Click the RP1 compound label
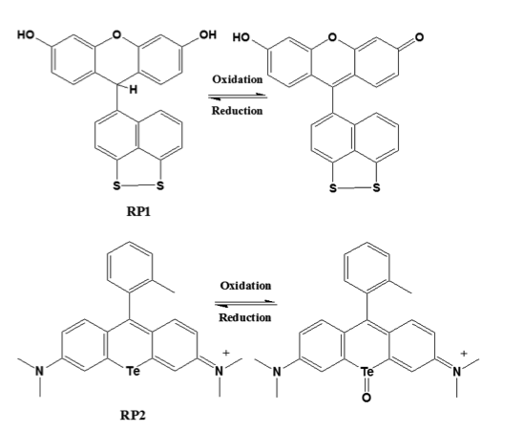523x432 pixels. [138, 211]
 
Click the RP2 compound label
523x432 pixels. [133, 416]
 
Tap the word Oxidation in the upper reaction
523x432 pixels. [238, 79]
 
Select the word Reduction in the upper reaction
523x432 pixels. [237, 111]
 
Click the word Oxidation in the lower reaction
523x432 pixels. [245, 286]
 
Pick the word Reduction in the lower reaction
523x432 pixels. [245, 317]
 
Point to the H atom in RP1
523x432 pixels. [133, 90]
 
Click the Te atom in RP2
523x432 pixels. [133, 371]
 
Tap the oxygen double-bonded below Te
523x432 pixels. [366, 398]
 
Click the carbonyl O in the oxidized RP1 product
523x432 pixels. [419, 37]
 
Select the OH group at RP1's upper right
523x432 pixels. [208, 34]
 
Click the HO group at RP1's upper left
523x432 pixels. [26, 34]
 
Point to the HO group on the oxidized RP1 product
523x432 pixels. [241, 37]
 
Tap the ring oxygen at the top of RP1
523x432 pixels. [116, 34]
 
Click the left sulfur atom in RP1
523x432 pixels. [116, 185]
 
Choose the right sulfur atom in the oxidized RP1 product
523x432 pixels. [376, 188]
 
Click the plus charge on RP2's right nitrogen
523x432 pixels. [226, 353]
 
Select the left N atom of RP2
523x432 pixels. [40, 371]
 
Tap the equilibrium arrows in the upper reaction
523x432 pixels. [238, 97]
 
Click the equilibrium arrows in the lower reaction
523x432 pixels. [246, 303]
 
